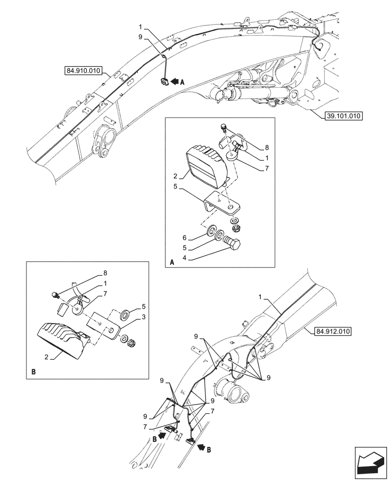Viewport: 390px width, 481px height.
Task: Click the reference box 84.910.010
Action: click(x=82, y=71)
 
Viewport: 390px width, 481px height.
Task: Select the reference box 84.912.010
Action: click(x=334, y=331)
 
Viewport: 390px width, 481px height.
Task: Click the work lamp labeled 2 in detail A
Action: click(x=207, y=167)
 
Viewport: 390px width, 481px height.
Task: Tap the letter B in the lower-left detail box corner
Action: click(x=33, y=372)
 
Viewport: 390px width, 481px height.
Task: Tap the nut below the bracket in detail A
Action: click(x=235, y=227)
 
